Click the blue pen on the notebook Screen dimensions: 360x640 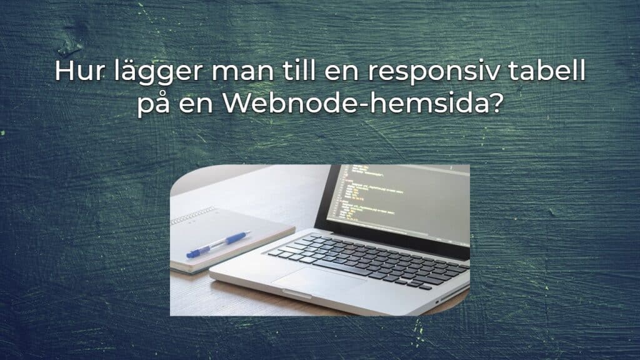click(219, 244)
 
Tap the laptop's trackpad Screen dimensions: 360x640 click(318, 282)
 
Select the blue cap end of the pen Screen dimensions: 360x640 click(193, 253)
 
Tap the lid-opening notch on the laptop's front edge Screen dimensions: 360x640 click(300, 291)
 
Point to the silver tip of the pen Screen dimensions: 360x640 click(247, 234)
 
